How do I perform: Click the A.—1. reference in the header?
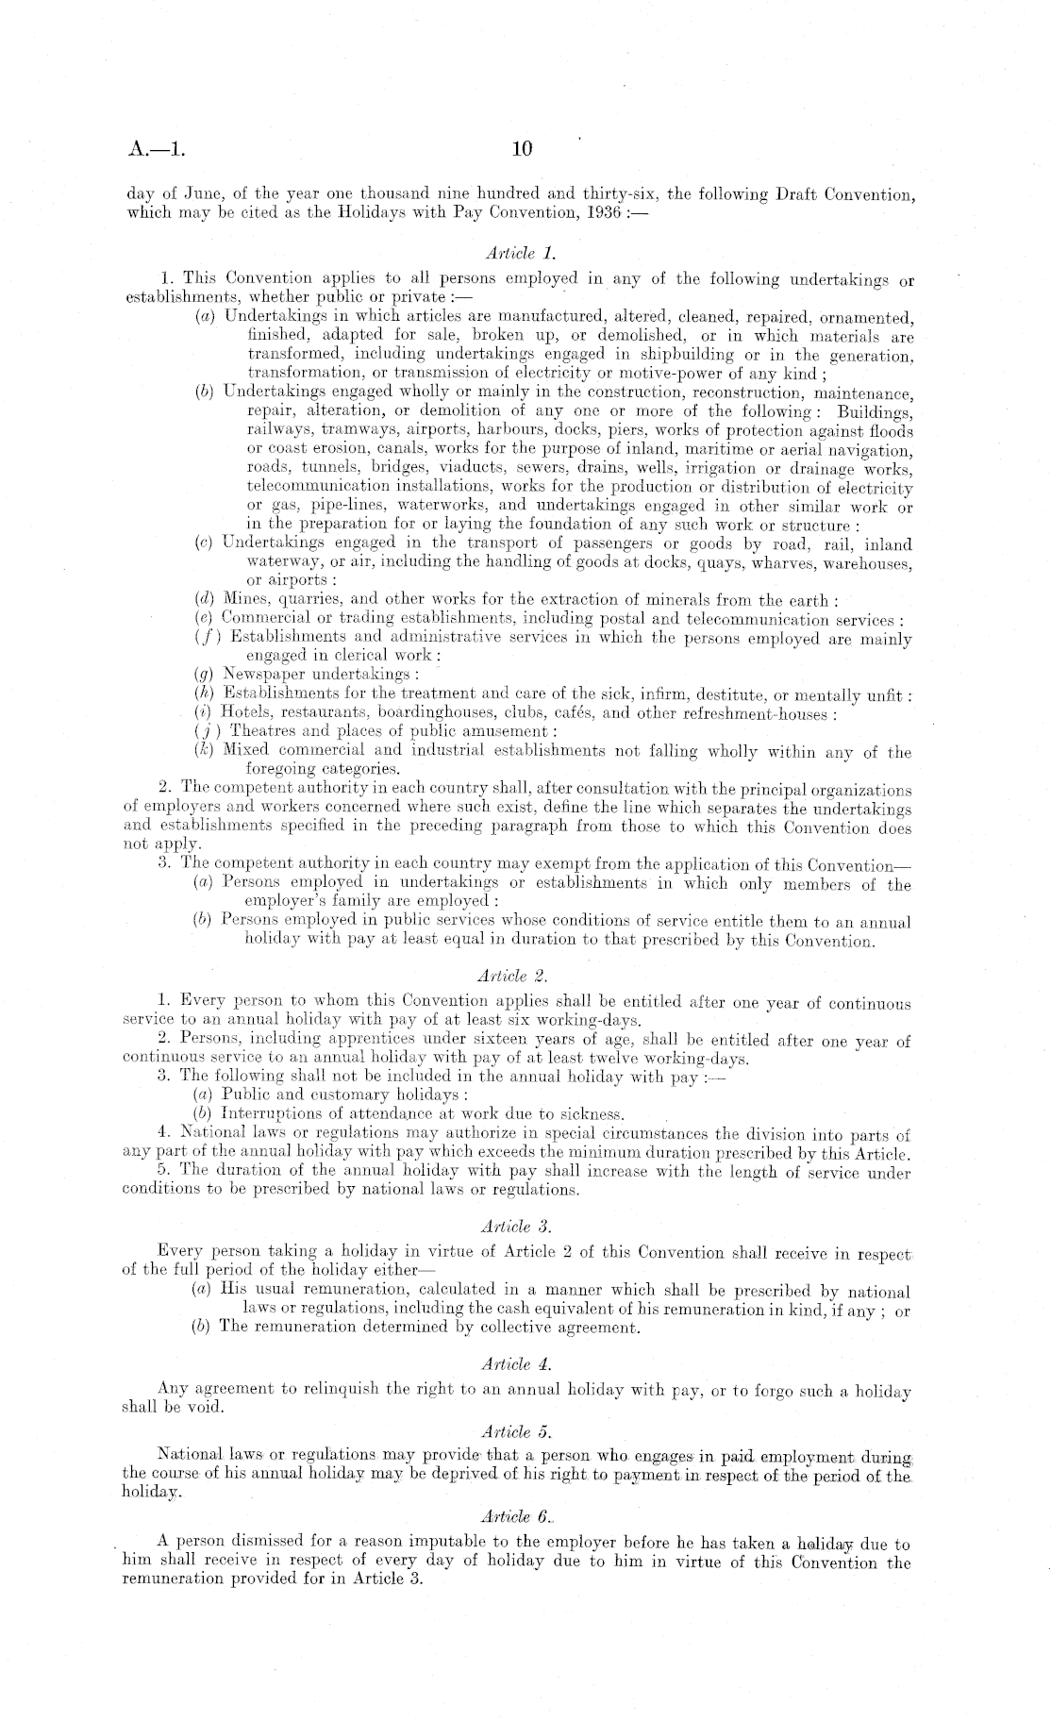[158, 149]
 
